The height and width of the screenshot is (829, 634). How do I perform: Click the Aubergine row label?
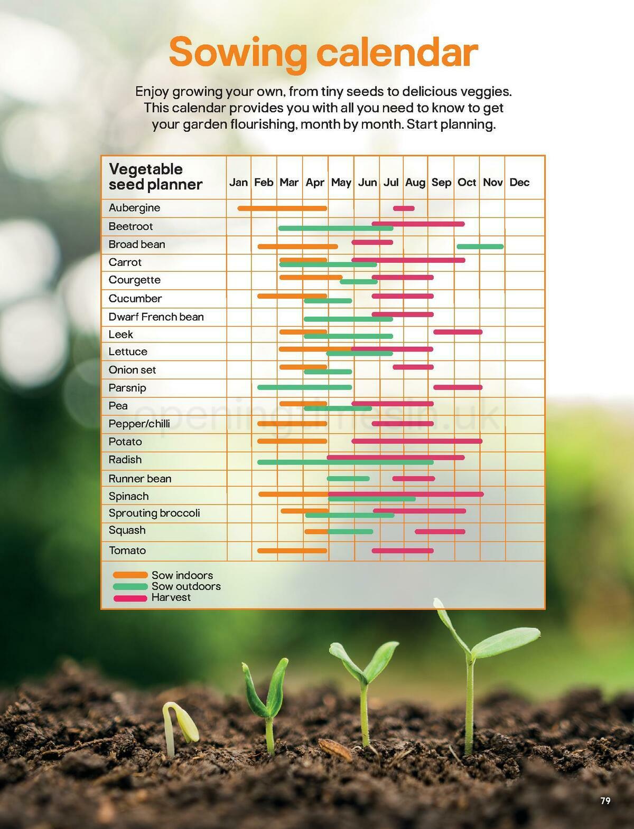(x=134, y=208)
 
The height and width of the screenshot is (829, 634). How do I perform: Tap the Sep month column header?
(x=441, y=183)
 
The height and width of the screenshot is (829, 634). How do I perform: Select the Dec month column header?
(x=519, y=183)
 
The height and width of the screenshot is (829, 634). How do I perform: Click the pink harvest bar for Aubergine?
(x=404, y=208)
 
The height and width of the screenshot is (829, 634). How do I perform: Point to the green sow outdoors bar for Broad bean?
(x=480, y=246)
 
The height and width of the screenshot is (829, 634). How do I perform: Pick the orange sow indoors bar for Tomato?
(x=292, y=550)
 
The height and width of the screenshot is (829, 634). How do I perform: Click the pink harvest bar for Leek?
(x=458, y=332)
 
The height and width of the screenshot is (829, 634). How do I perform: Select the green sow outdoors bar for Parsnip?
(x=304, y=387)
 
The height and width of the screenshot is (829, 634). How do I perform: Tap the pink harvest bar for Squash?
(x=440, y=531)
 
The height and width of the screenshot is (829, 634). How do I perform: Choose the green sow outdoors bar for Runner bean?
(x=348, y=479)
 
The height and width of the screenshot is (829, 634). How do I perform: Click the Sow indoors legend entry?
(x=182, y=575)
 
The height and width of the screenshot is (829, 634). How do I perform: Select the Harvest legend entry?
(x=171, y=598)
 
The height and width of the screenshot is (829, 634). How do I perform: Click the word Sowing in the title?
(x=238, y=53)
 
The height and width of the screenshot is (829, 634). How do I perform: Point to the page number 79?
(x=605, y=801)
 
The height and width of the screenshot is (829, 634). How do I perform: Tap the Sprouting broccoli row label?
(x=154, y=513)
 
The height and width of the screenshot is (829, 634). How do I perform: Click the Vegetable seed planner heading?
(x=155, y=177)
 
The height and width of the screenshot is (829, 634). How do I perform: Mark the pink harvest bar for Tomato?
(x=403, y=550)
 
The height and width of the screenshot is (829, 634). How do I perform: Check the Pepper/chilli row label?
(x=139, y=424)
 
